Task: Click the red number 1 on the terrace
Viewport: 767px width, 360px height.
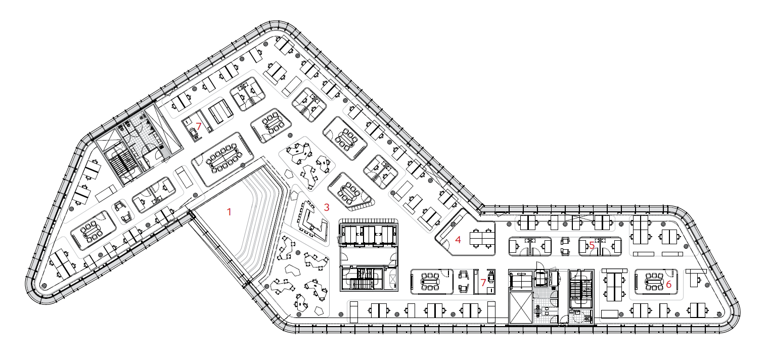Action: tap(230, 212)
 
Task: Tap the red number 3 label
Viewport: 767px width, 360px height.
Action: tap(327, 207)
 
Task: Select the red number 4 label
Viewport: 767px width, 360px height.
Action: tap(458, 240)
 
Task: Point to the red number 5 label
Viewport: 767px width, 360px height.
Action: tap(592, 245)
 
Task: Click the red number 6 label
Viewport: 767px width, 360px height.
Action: tap(669, 284)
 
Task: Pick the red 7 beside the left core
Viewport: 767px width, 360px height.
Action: tap(199, 126)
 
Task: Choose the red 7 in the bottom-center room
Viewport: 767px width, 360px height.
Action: tap(483, 283)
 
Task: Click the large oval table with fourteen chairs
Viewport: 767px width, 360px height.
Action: tap(224, 158)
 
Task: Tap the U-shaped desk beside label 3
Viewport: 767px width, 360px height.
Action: tap(313, 220)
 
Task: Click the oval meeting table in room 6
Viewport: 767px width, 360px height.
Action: tap(654, 282)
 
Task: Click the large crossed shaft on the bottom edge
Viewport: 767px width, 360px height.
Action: tap(521, 307)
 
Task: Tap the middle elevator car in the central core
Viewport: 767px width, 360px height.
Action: tap(369, 235)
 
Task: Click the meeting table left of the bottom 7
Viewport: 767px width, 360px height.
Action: tap(431, 282)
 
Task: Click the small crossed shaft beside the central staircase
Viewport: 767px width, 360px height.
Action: tap(393, 279)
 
